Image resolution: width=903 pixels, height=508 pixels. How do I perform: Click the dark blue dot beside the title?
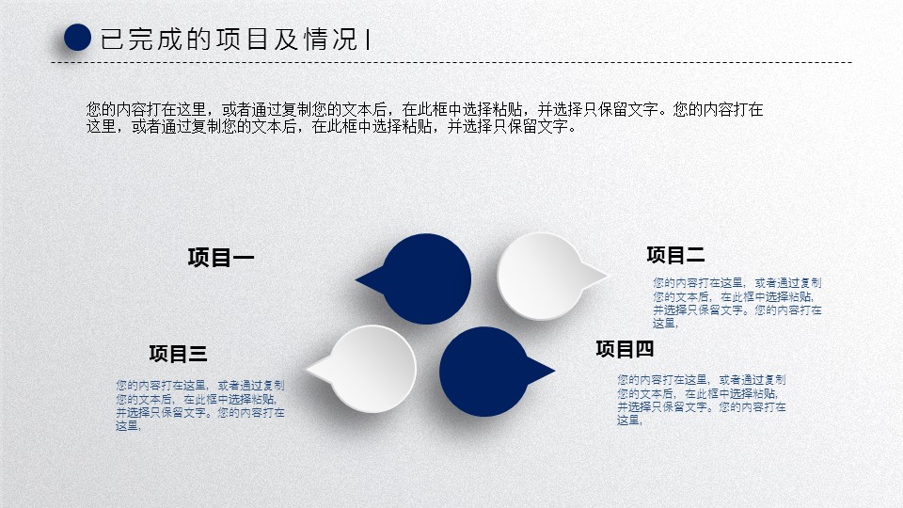tap(77, 38)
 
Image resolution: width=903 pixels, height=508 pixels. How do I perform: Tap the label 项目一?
tap(220, 257)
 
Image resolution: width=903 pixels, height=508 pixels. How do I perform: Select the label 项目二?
tap(675, 255)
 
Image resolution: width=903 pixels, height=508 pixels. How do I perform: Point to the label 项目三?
tap(178, 353)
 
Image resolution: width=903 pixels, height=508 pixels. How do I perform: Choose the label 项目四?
tap(625, 348)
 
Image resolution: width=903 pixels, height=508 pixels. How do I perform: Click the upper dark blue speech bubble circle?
tap(426, 278)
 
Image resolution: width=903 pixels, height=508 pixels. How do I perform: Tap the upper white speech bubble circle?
tap(542, 276)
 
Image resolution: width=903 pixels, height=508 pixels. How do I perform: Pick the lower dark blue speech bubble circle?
tap(483, 372)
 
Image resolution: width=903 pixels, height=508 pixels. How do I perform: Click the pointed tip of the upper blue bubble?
tap(356, 280)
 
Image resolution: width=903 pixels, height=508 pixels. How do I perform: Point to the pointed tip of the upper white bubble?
tap(608, 275)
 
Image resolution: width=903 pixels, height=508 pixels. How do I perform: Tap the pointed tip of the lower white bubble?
tap(306, 368)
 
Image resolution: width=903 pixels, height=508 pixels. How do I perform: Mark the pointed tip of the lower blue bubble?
tap(554, 371)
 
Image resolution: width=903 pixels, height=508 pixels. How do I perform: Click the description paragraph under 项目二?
tap(737, 303)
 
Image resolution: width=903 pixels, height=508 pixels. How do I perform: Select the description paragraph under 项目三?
tap(199, 405)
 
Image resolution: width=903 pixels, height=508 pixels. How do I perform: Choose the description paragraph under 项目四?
tap(702, 400)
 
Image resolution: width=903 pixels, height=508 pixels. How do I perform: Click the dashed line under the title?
tap(451, 62)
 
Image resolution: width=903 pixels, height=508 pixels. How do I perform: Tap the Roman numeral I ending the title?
tap(368, 40)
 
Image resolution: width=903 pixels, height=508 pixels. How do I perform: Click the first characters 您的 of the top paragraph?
tap(102, 109)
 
